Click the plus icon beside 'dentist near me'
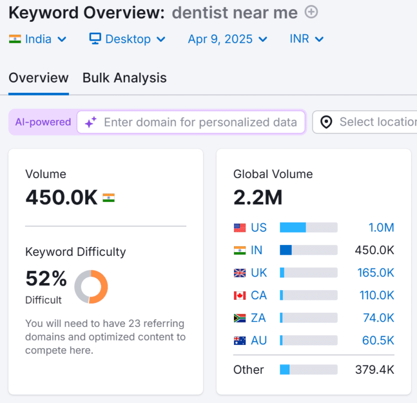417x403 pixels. click(312, 12)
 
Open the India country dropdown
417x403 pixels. click(38, 39)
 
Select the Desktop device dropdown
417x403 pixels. click(128, 39)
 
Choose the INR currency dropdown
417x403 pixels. click(307, 39)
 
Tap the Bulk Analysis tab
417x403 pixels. click(124, 78)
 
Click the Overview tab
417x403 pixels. click(39, 78)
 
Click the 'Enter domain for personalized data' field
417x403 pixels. click(200, 122)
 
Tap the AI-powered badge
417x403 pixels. click(43, 122)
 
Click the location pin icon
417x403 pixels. click(326, 122)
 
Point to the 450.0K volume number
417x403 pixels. click(61, 198)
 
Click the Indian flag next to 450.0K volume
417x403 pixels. click(109, 198)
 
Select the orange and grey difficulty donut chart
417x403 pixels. click(91, 287)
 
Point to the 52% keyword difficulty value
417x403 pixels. click(46, 279)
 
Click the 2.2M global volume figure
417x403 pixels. click(258, 198)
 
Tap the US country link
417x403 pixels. click(258, 228)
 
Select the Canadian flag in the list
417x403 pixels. click(239, 295)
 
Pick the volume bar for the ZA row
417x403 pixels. click(308, 318)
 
